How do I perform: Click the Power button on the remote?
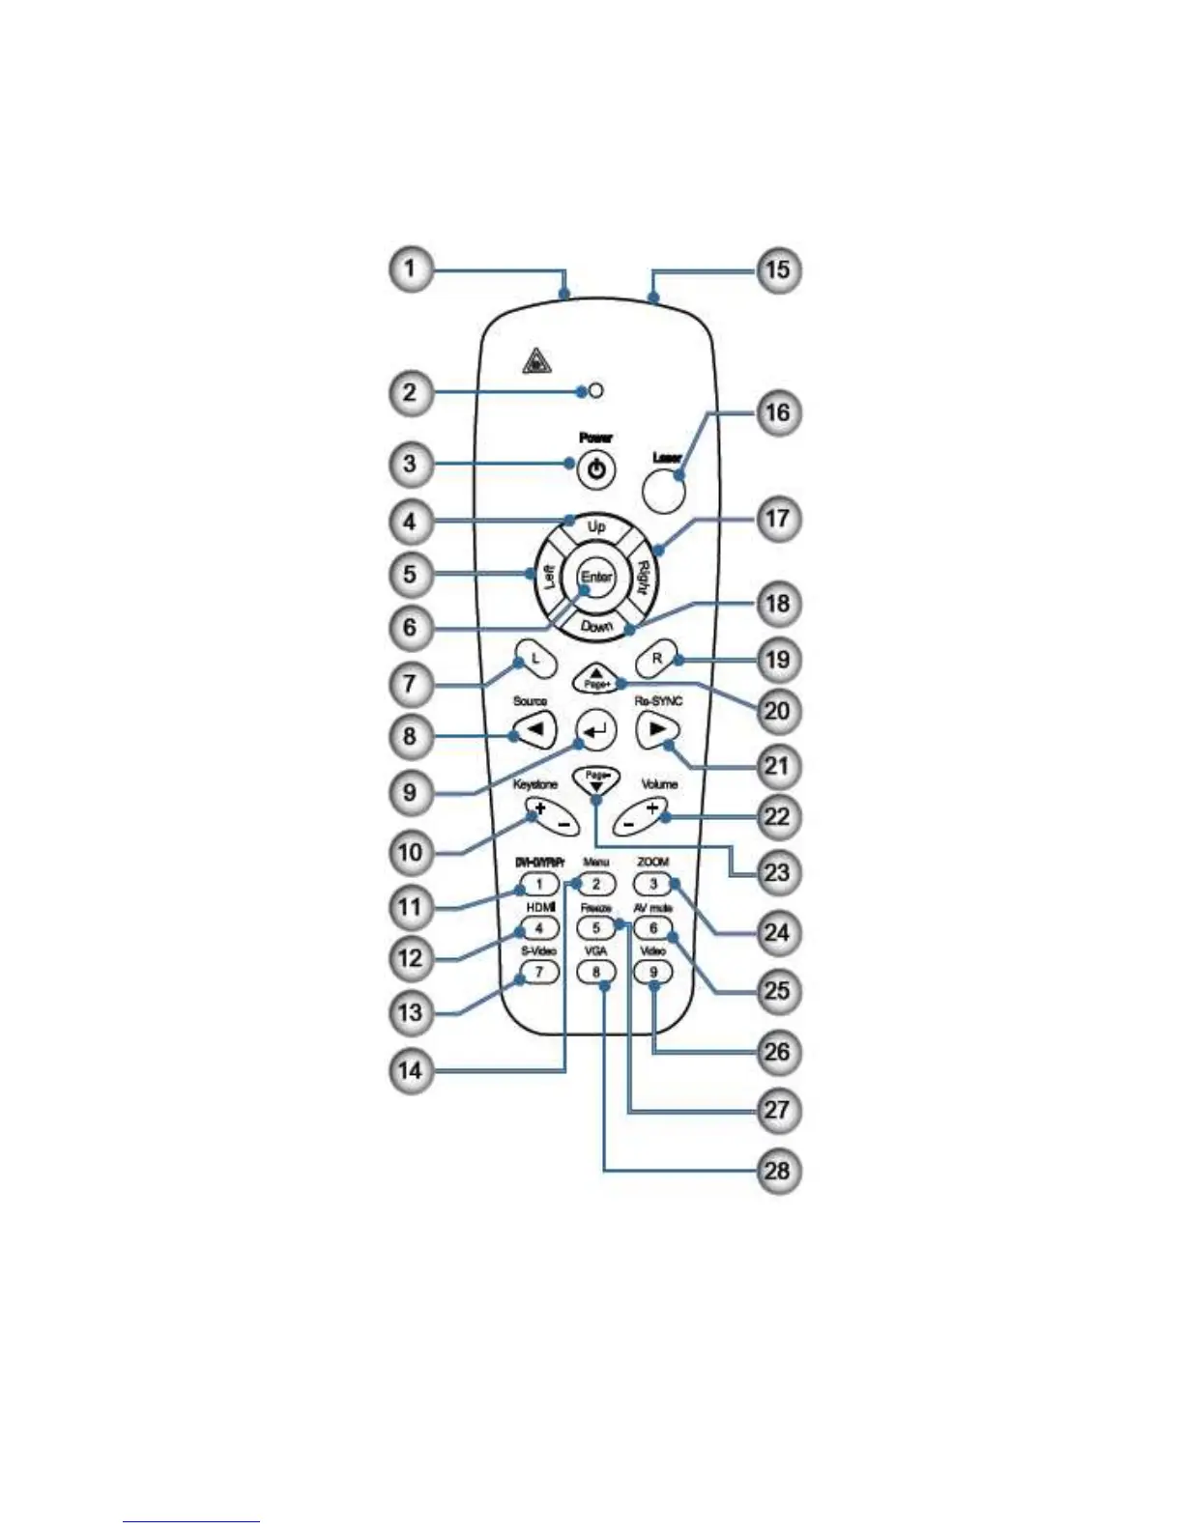(596, 470)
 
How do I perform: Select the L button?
(534, 659)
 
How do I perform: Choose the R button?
(657, 659)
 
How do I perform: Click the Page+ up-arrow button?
(596, 677)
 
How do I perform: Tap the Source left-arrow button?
(534, 728)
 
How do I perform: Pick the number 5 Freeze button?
(596, 928)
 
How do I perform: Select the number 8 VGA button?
(596, 971)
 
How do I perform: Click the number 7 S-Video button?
(539, 971)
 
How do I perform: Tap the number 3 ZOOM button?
(653, 883)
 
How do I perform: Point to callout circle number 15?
(778, 269)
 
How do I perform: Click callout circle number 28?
(778, 1172)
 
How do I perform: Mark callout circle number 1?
(411, 268)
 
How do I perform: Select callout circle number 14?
(411, 1071)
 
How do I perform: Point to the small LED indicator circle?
(596, 391)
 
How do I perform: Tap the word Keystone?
(535, 785)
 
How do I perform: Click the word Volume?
(659, 784)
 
